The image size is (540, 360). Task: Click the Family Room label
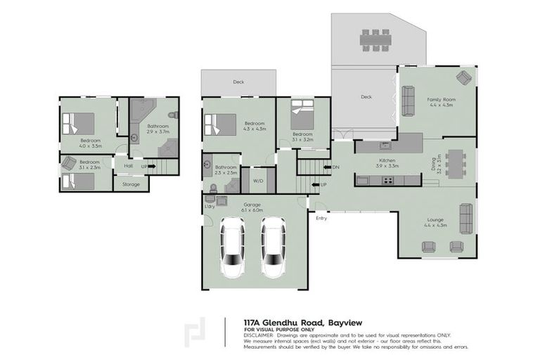442,100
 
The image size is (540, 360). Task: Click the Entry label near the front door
321,218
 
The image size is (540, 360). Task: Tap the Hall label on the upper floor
128,166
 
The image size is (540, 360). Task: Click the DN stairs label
336,167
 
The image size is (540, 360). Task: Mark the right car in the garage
273,247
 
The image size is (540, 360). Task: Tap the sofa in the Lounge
465,218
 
